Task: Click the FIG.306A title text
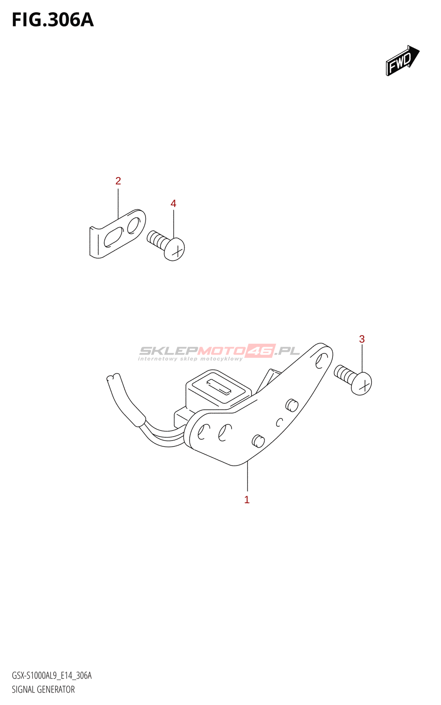click(x=53, y=20)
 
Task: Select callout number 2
click(x=118, y=181)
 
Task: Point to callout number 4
click(x=173, y=204)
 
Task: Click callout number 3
click(x=362, y=339)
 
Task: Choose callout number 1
click(x=247, y=500)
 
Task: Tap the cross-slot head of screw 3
click(x=362, y=384)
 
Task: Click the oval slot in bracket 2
click(x=113, y=237)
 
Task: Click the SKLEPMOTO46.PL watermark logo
click(x=219, y=352)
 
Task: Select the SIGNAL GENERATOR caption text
click(x=43, y=690)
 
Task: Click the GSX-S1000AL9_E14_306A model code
click(x=52, y=675)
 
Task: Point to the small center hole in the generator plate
click(x=279, y=423)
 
